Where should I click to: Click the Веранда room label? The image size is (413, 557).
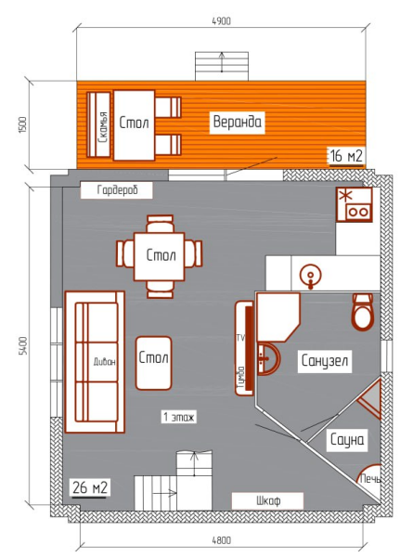coord(239,122)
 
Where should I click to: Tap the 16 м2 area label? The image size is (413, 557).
coord(344,155)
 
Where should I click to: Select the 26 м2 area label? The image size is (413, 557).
coord(89,487)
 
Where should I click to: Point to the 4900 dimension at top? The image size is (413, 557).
coord(221,19)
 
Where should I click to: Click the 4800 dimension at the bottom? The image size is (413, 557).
coord(220,540)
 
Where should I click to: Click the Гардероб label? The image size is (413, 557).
coord(117,190)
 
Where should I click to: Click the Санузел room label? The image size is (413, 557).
coord(324,361)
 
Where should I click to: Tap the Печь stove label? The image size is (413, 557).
coord(368,479)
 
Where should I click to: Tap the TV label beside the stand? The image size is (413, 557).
coord(239,335)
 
